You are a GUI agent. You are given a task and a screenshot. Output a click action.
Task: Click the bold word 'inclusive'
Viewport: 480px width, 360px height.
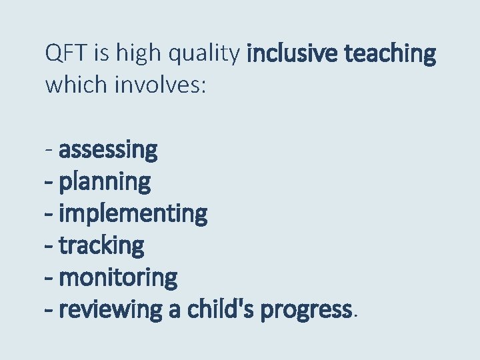pos(293,53)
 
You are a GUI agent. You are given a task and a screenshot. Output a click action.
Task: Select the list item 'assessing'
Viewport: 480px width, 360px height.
pos(108,150)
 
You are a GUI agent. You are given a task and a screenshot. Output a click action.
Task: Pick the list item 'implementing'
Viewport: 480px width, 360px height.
pos(133,214)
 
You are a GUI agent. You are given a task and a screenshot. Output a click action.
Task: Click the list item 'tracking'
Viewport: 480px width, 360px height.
pos(101,245)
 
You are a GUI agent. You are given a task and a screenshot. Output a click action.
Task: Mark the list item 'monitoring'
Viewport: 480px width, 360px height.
pos(119,277)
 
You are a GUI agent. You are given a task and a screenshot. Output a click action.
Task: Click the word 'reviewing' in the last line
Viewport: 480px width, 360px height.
pos(111,309)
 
